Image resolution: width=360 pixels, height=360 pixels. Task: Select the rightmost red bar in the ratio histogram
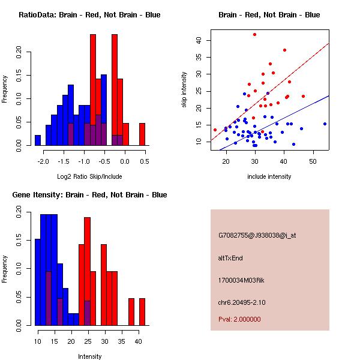[x=142, y=134]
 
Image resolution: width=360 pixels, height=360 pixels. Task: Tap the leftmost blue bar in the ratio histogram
[x=38, y=140]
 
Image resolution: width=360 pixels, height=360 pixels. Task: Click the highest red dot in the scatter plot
[x=254, y=34]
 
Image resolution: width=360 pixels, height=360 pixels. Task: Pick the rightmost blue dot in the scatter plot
[x=325, y=124]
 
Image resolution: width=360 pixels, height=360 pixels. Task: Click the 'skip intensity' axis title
[x=185, y=90]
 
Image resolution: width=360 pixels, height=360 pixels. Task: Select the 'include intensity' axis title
[x=269, y=176]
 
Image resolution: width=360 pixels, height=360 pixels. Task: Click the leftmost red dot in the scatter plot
[x=215, y=130]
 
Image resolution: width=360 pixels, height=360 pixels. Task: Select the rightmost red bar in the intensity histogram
[x=142, y=311]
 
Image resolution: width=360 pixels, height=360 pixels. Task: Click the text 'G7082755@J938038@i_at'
[x=257, y=235]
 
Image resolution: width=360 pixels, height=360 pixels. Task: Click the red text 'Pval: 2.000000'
[x=239, y=319]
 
